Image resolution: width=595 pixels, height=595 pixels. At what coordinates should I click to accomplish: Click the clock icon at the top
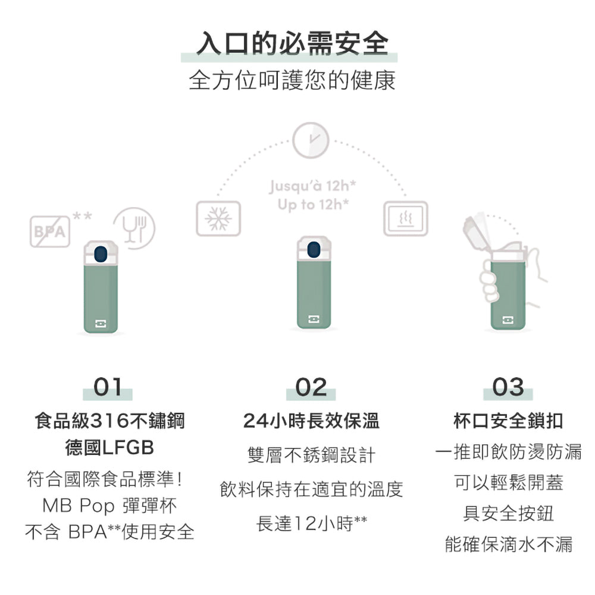pyautogui.click(x=311, y=140)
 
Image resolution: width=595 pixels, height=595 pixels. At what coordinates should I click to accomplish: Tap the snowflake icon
pyautogui.click(x=218, y=218)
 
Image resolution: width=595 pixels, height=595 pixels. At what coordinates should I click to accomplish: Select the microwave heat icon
pyautogui.click(x=406, y=218)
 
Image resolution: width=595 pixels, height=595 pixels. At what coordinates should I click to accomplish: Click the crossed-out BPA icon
pyautogui.click(x=50, y=231)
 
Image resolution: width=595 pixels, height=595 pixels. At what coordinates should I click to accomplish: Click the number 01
pyautogui.click(x=108, y=387)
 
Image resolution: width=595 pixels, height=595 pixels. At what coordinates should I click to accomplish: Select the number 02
pyautogui.click(x=311, y=387)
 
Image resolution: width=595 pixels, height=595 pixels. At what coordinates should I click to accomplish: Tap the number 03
pyautogui.click(x=508, y=387)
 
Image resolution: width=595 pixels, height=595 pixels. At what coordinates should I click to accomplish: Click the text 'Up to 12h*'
pyautogui.click(x=313, y=205)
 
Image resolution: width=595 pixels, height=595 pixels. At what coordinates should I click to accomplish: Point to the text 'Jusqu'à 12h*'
pyautogui.click(x=312, y=186)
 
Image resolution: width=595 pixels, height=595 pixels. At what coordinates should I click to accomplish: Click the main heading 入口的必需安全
pyautogui.click(x=292, y=43)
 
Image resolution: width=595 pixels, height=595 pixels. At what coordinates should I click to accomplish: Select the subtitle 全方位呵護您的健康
pyautogui.click(x=292, y=80)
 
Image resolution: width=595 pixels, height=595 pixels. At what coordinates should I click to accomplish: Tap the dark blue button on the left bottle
pyautogui.click(x=100, y=254)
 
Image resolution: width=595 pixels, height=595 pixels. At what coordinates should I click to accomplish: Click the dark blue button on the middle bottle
pyautogui.click(x=314, y=250)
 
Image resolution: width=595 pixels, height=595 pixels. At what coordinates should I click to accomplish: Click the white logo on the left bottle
pyautogui.click(x=101, y=323)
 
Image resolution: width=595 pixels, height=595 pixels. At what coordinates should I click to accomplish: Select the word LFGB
pyautogui.click(x=129, y=448)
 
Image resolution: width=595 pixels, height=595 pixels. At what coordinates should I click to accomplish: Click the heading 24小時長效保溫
pyautogui.click(x=311, y=421)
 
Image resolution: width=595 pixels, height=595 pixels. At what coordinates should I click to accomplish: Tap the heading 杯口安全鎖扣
pyautogui.click(x=508, y=421)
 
